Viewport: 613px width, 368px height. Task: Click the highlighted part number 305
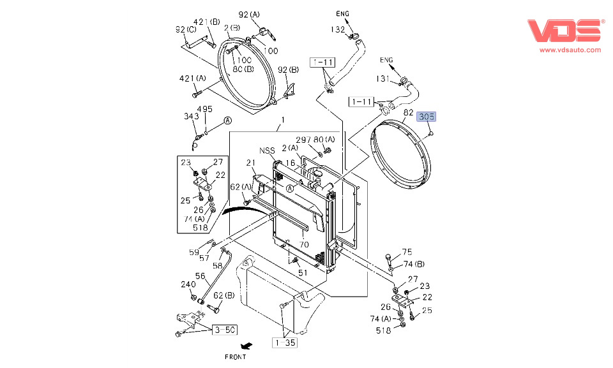(x=426, y=117)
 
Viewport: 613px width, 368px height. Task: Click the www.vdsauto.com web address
(x=570, y=50)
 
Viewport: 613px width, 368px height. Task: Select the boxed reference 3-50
(x=225, y=329)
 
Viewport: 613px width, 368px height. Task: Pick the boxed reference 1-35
(x=285, y=342)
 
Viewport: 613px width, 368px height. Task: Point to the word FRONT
(x=235, y=357)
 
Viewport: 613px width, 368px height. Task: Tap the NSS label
(x=266, y=151)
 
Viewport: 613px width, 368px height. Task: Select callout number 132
(x=338, y=29)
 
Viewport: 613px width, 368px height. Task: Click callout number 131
(x=383, y=78)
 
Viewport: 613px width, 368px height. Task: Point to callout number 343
(x=191, y=116)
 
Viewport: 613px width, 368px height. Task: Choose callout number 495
(x=204, y=109)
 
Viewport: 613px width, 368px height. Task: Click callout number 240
(x=188, y=284)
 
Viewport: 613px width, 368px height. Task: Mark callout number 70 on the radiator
(x=304, y=244)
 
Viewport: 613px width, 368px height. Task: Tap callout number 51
(x=303, y=272)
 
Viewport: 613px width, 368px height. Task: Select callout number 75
(x=407, y=252)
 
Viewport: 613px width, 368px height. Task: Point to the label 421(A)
(x=192, y=78)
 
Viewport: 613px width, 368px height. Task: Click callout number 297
(x=303, y=140)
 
